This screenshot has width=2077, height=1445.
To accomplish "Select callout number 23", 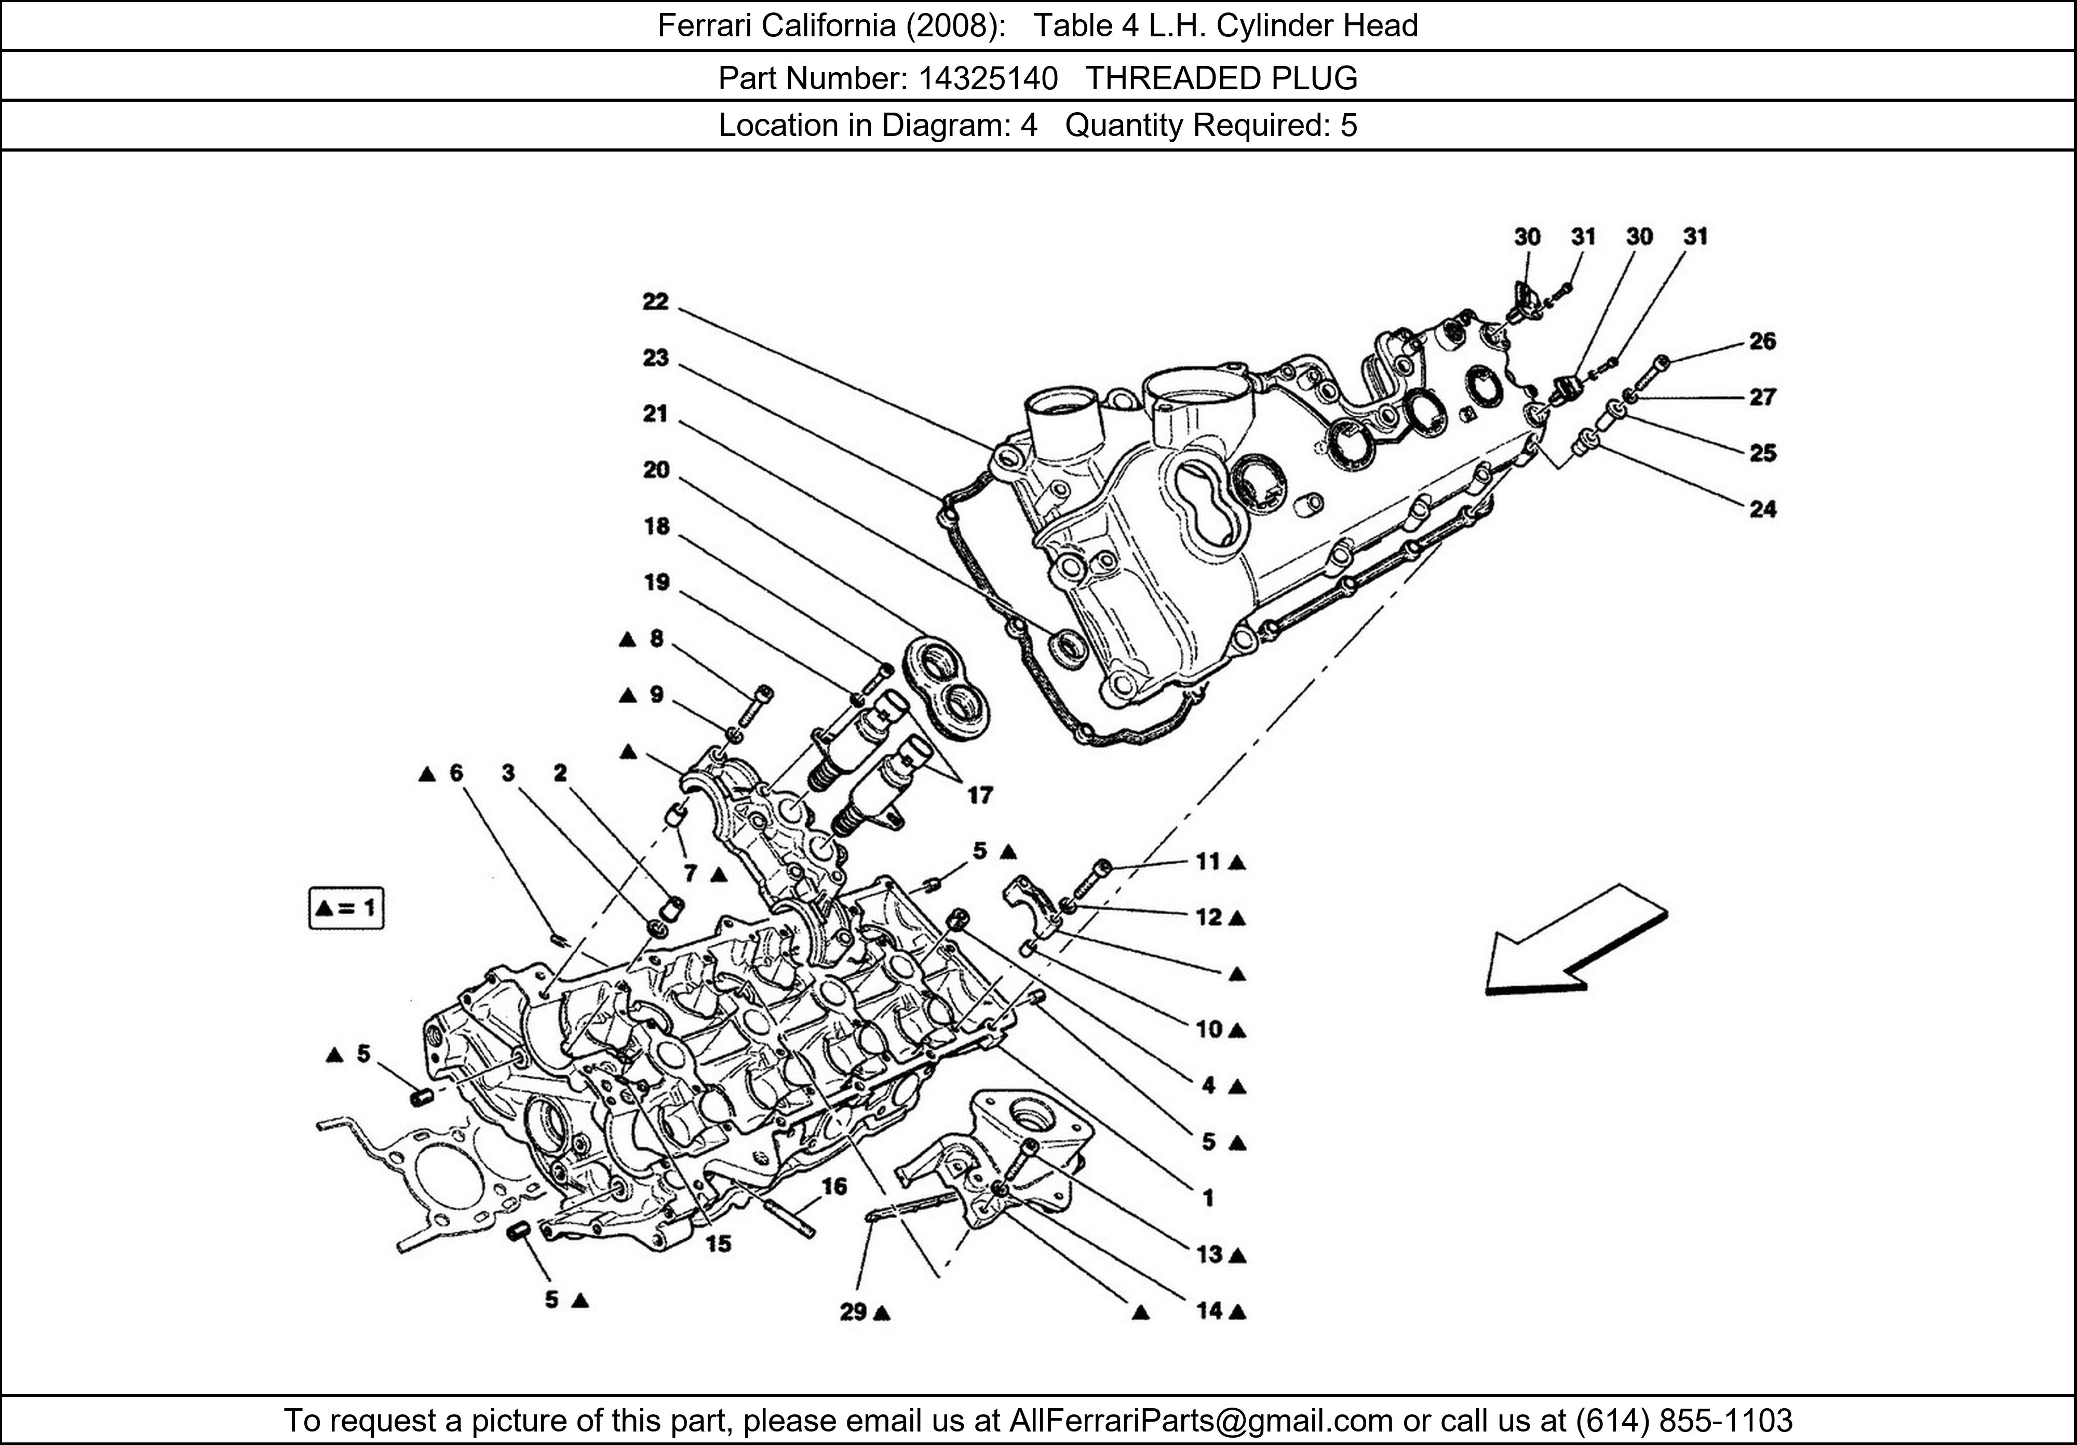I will (x=655, y=358).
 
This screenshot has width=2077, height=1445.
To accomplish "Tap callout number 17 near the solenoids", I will (x=980, y=795).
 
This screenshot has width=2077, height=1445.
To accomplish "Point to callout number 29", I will (x=853, y=1311).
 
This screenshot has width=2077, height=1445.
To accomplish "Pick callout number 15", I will (x=718, y=1243).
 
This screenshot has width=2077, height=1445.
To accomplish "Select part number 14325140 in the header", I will (x=988, y=79).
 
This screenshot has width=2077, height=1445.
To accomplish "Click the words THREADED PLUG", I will (x=1221, y=79).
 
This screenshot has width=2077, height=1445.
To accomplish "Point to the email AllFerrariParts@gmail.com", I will (x=1201, y=1421).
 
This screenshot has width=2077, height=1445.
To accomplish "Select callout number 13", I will (x=1209, y=1254).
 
